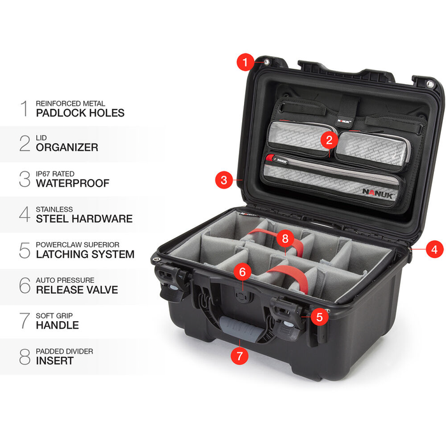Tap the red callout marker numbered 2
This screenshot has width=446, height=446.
(x=329, y=139)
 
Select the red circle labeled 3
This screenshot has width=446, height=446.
(x=223, y=180)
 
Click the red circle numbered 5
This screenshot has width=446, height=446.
(x=320, y=315)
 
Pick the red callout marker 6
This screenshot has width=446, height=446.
(x=241, y=271)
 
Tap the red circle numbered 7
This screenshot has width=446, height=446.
(x=239, y=356)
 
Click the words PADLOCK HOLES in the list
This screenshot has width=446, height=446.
(x=80, y=113)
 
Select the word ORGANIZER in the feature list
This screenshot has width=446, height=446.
(x=66, y=147)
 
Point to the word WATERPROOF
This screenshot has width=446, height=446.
(x=72, y=183)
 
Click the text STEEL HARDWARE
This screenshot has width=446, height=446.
(x=83, y=219)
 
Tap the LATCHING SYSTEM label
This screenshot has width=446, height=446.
(x=85, y=254)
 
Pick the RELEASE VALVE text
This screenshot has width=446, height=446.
(x=76, y=290)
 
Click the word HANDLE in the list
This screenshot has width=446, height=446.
(x=57, y=325)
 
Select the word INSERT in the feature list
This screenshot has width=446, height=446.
(x=54, y=361)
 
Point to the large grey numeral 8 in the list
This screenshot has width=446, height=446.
(x=24, y=356)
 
